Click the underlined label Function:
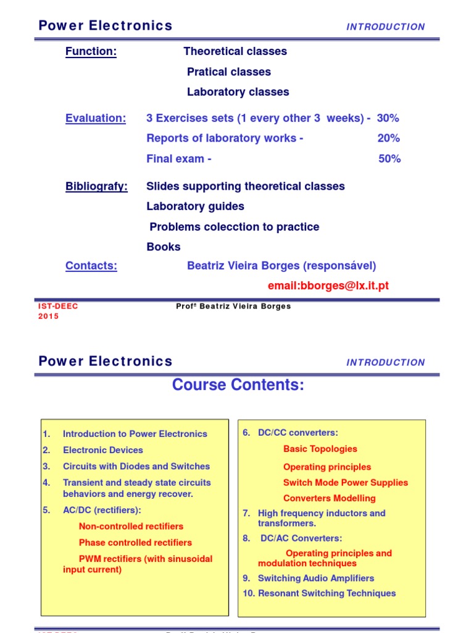pyautogui.click(x=91, y=51)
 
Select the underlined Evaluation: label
pyautogui.click(x=96, y=118)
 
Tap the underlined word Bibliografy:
pyautogui.click(x=96, y=186)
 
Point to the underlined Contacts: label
pyautogui.click(x=91, y=266)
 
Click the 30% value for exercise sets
pyautogui.click(x=388, y=118)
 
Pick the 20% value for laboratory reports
pyautogui.click(x=389, y=138)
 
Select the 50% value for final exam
pyautogui.click(x=389, y=159)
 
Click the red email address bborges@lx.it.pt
pyautogui.click(x=328, y=286)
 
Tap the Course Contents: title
pyautogui.click(x=238, y=385)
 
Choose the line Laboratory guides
pyautogui.click(x=195, y=206)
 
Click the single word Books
pyautogui.click(x=164, y=247)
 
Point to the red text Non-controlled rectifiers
pyautogui.click(x=131, y=527)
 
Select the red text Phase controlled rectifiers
pyautogui.click(x=135, y=543)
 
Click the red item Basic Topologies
pyautogui.click(x=320, y=449)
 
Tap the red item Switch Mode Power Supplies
pyautogui.click(x=345, y=483)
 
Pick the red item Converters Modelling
pyautogui.click(x=329, y=498)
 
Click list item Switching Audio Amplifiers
pyautogui.click(x=315, y=579)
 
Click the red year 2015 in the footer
pyautogui.click(x=49, y=316)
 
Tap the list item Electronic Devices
pyautogui.click(x=102, y=451)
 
